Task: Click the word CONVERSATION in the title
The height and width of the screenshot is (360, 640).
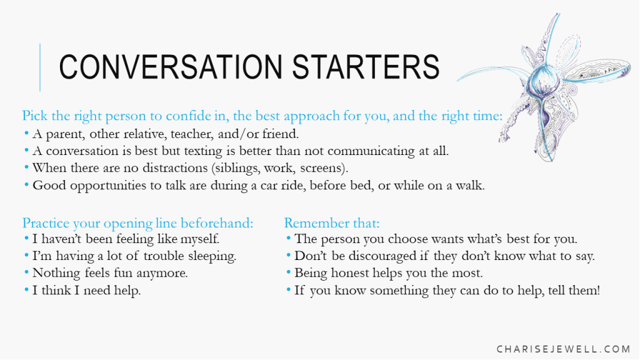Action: [x=171, y=66]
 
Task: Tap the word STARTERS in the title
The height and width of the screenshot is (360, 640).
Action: [x=366, y=66]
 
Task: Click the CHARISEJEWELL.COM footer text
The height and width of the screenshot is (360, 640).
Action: [x=564, y=349]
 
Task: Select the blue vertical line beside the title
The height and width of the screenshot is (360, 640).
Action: [x=40, y=67]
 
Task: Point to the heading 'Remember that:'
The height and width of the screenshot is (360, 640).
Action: [x=331, y=223]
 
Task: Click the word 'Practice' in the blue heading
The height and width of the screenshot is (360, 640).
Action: [x=46, y=223]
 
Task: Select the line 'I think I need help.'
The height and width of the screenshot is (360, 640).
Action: [x=86, y=290]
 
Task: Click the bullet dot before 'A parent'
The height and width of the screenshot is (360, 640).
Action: [x=26, y=132]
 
